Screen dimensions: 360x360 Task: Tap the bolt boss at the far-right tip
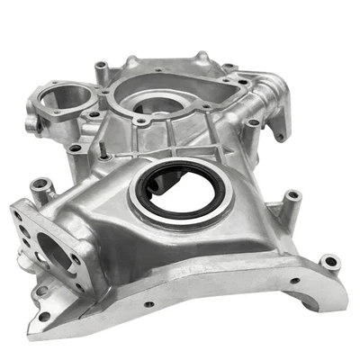click(330, 264)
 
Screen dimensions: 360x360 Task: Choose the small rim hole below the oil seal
click(149, 303)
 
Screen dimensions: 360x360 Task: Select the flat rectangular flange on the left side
click(45, 247)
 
